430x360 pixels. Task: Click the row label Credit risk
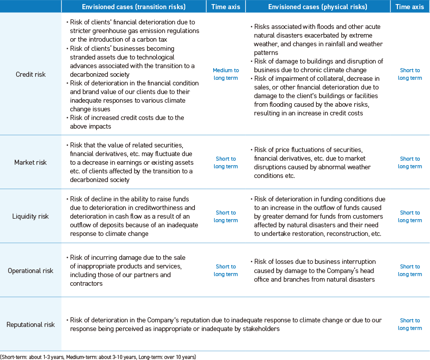click(31, 74)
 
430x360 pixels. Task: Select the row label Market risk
click(31, 163)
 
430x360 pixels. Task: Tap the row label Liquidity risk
click(31, 217)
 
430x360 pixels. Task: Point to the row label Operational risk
click(31, 271)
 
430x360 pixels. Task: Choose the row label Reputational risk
click(31, 324)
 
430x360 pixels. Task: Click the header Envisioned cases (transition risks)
click(133, 7)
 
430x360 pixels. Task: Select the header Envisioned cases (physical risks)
click(318, 7)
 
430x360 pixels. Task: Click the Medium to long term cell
click(225, 74)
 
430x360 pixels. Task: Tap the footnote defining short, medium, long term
click(98, 356)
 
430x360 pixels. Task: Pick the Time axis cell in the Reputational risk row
click(410, 324)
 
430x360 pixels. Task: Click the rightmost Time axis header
click(410, 7)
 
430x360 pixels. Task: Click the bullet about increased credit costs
click(127, 122)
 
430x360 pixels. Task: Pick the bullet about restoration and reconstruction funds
click(318, 217)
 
